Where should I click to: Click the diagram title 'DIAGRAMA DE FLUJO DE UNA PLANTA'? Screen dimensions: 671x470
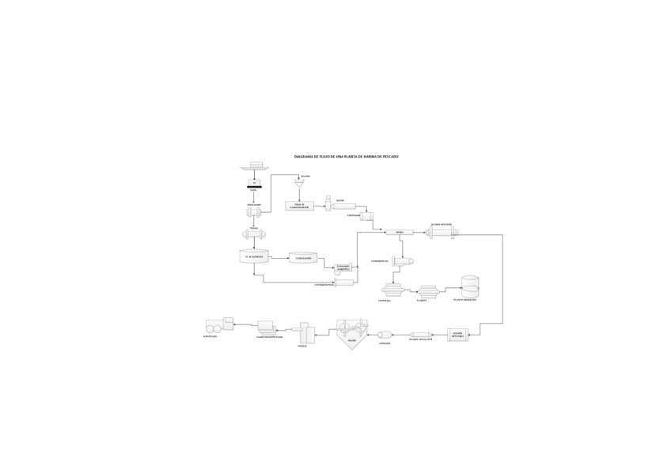point(347,157)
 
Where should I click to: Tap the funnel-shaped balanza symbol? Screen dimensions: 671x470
point(299,184)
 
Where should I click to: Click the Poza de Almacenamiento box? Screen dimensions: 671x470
point(299,206)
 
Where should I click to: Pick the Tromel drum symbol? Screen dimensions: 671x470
point(254,234)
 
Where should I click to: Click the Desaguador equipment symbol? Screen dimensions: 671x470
point(254,211)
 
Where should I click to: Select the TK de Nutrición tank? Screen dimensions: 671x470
point(254,256)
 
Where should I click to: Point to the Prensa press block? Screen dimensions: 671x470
point(399,232)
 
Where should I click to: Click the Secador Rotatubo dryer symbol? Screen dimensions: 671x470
point(442,233)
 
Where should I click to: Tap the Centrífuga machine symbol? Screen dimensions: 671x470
point(393,290)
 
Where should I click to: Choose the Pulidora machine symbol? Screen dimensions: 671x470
point(428,291)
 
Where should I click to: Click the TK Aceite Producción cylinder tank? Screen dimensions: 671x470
point(470,286)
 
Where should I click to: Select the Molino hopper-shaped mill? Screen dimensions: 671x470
point(351,332)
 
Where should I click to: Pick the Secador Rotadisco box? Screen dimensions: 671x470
point(457,335)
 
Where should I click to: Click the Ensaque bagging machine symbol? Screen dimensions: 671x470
point(304,334)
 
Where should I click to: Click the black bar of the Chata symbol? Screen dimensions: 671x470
point(254,187)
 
